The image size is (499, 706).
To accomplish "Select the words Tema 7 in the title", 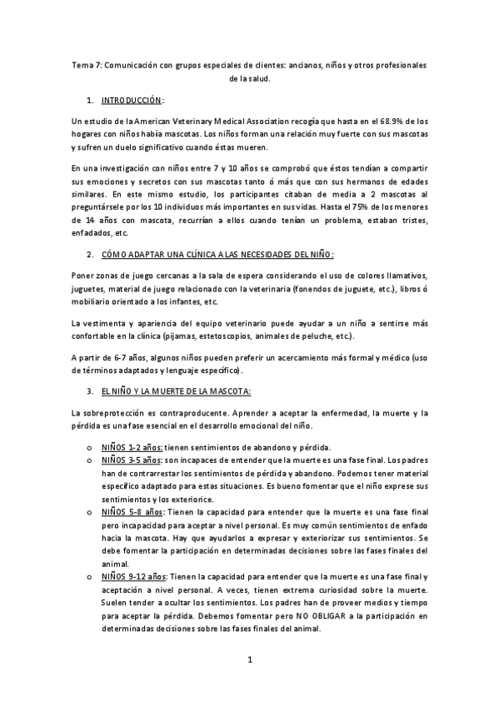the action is pyautogui.click(x=85, y=64).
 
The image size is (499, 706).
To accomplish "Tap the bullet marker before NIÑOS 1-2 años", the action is pyautogui.click(x=89, y=447).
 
